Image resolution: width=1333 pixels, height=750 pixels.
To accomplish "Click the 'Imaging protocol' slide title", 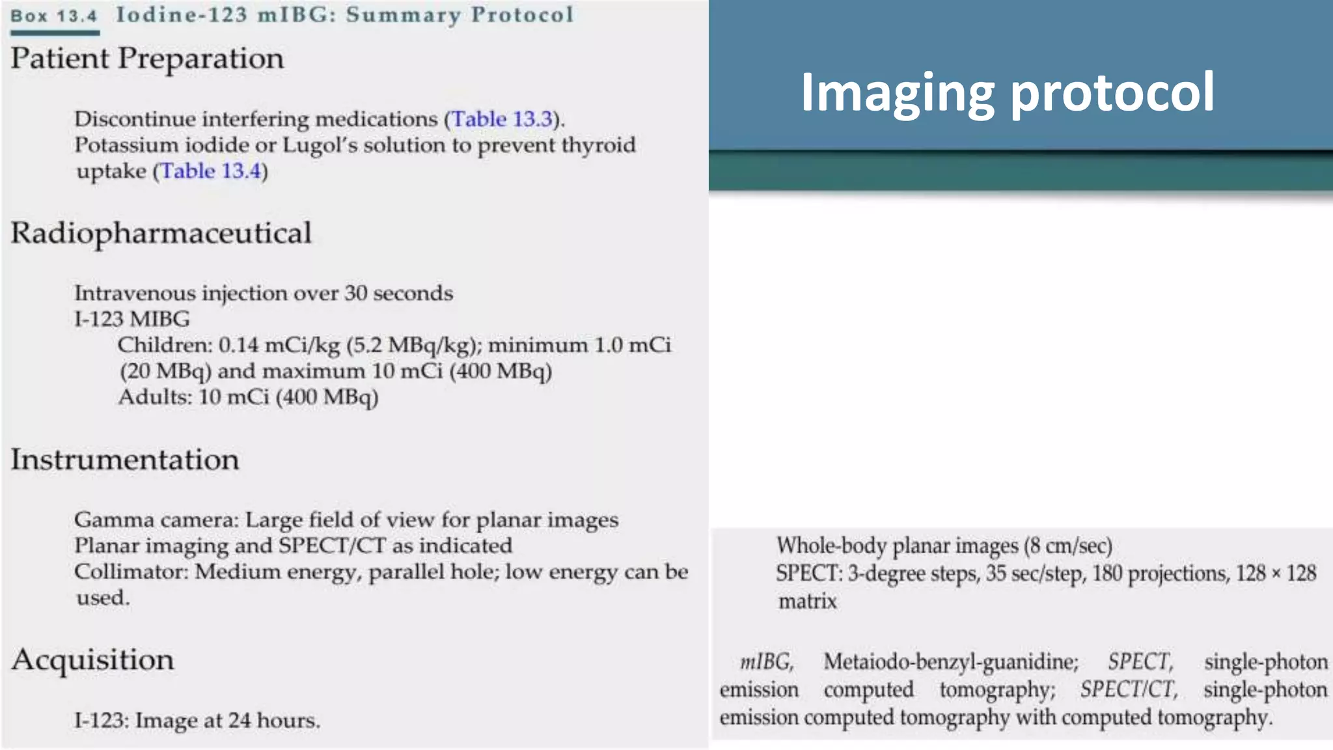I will coord(1007,92).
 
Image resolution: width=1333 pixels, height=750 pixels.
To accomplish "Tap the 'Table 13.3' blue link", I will coord(502,119).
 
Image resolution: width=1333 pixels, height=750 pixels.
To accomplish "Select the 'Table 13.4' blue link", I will coord(210,171).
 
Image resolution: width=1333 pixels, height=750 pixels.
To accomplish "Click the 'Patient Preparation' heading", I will coord(147,59).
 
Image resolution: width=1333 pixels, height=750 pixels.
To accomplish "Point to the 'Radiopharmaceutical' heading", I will coord(161,233).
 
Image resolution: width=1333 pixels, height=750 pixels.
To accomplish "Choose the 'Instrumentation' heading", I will coord(125,460).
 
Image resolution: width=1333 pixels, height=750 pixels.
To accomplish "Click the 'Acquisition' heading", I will coord(92,660).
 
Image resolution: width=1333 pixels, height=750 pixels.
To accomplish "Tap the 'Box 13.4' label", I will coord(54,16).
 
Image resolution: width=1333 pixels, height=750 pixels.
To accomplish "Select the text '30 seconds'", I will coord(398,294).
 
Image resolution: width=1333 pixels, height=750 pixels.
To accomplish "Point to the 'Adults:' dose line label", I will coord(155,397).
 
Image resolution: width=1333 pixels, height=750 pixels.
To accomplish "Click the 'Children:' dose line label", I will coord(165,345).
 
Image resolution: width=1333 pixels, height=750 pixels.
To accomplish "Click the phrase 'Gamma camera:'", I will coord(156,520).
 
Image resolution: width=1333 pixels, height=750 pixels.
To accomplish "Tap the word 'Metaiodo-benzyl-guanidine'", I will coord(950,662).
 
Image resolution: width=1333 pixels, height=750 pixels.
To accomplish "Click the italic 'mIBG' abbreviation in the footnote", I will coord(766,662).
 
